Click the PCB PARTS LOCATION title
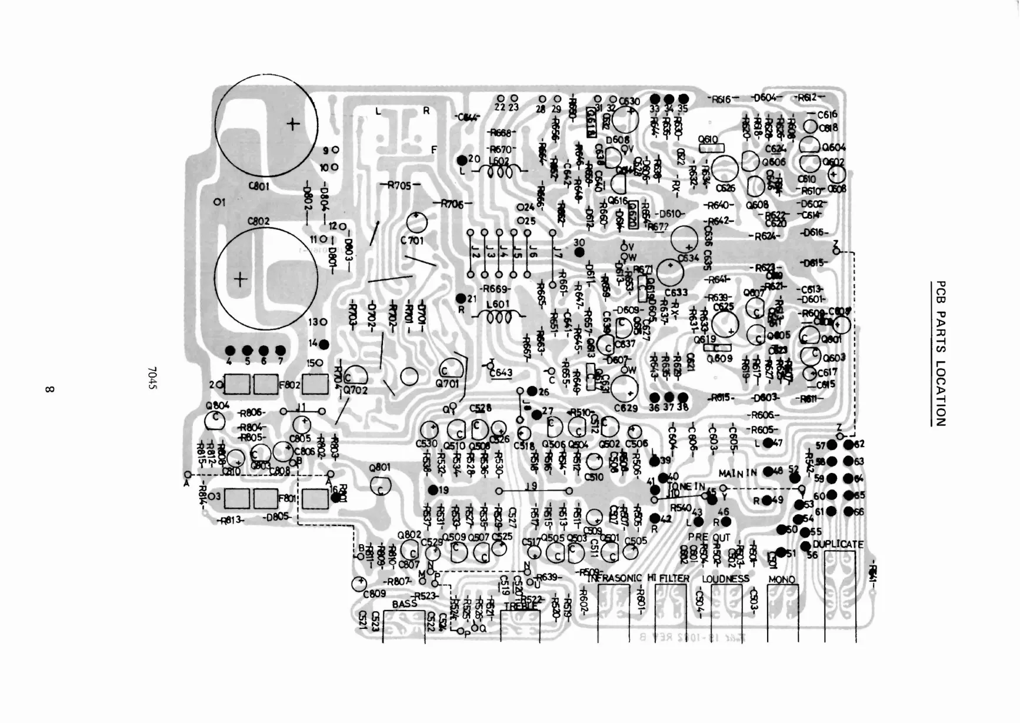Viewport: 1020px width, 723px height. pyautogui.click(x=941, y=353)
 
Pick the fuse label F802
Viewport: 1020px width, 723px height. pyautogui.click(x=289, y=385)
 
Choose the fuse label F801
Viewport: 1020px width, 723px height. pyautogui.click(x=288, y=499)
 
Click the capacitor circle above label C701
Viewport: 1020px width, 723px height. pyautogui.click(x=416, y=222)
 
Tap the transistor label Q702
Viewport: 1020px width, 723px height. pyautogui.click(x=355, y=389)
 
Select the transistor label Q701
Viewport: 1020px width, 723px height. pyautogui.click(x=447, y=384)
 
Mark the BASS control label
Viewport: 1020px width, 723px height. pyautogui.click(x=404, y=604)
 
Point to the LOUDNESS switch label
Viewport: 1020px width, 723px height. pyautogui.click(x=725, y=579)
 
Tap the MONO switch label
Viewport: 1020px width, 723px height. pyautogui.click(x=782, y=579)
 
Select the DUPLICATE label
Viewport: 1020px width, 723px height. pyautogui.click(x=838, y=544)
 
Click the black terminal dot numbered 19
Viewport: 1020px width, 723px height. pyautogui.click(x=434, y=489)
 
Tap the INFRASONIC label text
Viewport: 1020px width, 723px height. pyautogui.click(x=615, y=578)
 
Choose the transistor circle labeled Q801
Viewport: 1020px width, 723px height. pyautogui.click(x=381, y=485)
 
